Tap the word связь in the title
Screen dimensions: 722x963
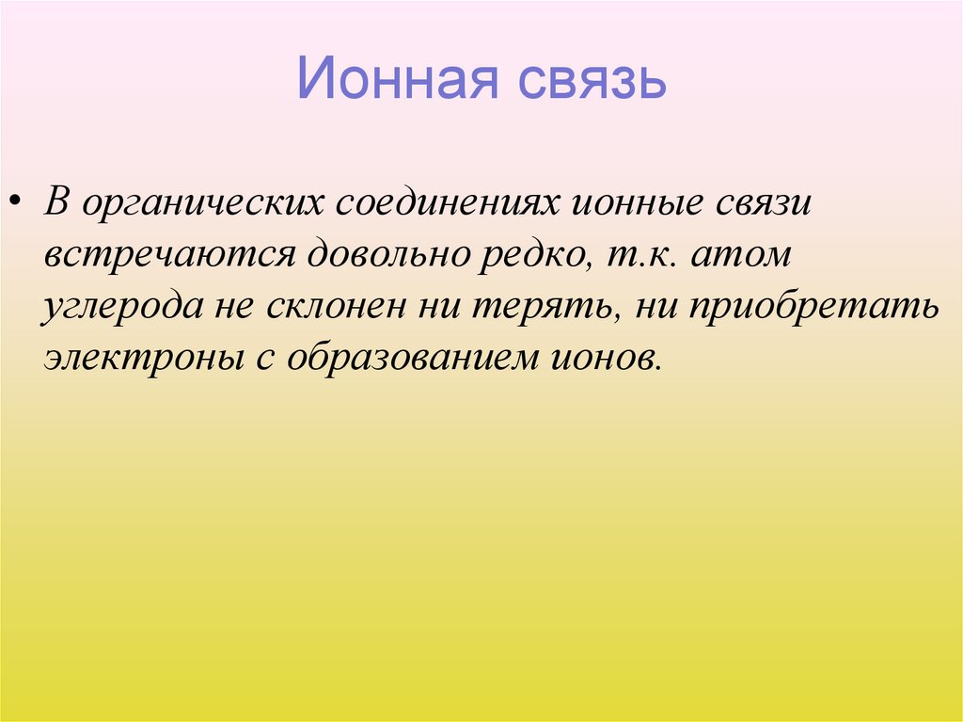(x=590, y=81)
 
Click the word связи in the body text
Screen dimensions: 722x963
(x=762, y=206)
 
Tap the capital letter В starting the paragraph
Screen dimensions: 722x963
(x=55, y=204)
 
